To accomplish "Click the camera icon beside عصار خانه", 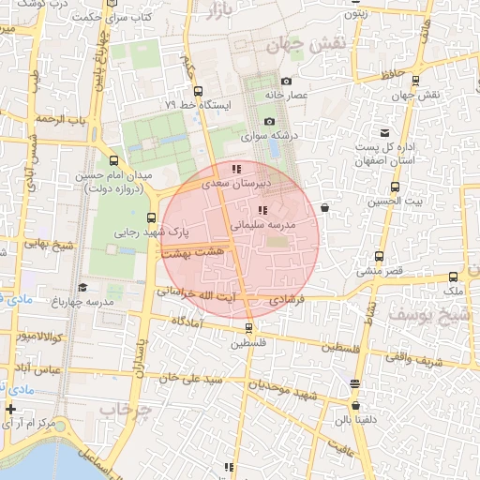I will click(x=286, y=82).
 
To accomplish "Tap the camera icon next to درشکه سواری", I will click(x=270, y=122).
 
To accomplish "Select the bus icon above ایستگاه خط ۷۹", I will click(x=197, y=91).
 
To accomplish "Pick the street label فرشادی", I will click(x=287, y=300).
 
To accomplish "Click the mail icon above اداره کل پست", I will click(x=384, y=133).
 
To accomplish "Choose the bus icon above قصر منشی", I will click(x=380, y=256).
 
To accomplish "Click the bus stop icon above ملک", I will click(x=454, y=277).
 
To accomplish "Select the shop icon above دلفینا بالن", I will click(x=354, y=384).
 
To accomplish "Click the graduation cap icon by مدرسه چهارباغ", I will click(x=82, y=288).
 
